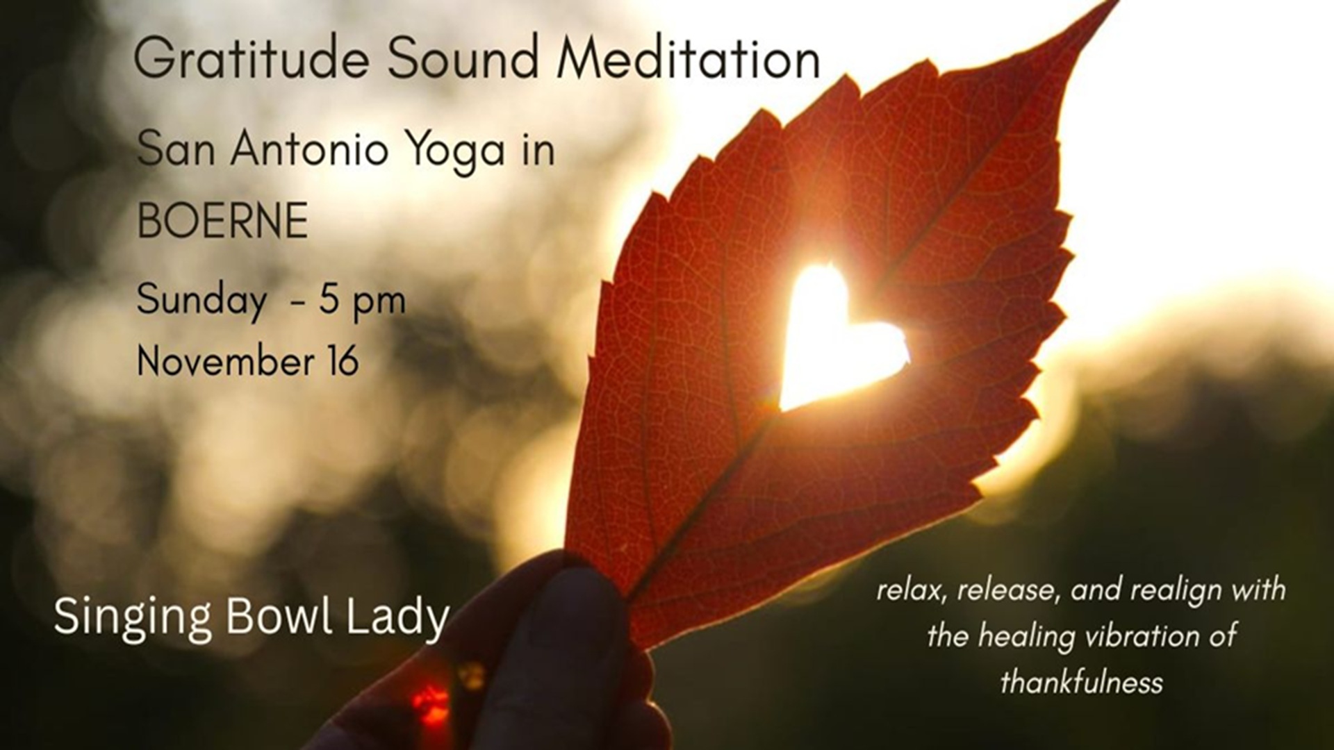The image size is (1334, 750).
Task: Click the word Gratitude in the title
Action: (251, 59)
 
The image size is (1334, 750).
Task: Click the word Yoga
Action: (456, 150)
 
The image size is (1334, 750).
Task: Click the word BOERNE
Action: (222, 221)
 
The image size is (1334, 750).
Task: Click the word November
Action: (224, 362)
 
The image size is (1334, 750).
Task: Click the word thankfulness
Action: (1081, 683)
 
